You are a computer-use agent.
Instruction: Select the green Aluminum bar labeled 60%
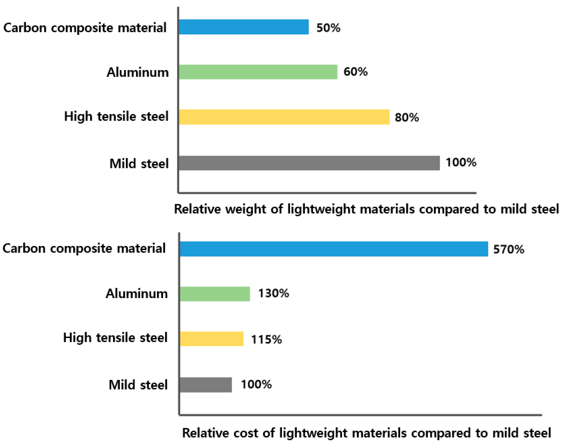click(x=258, y=72)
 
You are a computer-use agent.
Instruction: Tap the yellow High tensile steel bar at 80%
click(x=284, y=117)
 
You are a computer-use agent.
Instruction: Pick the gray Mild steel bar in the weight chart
click(x=309, y=163)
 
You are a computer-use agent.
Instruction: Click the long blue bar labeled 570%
click(x=334, y=249)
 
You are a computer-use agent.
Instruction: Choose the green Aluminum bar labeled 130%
click(x=215, y=294)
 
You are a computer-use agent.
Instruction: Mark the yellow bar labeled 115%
click(x=212, y=339)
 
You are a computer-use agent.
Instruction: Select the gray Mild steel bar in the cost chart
click(x=206, y=385)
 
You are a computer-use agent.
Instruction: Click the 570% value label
click(x=508, y=249)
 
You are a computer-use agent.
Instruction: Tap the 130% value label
click(x=273, y=293)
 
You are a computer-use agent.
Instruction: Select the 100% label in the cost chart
click(x=256, y=384)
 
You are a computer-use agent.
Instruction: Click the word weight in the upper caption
click(x=245, y=209)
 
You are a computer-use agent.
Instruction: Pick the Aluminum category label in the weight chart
click(x=138, y=72)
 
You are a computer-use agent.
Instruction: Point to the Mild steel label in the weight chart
click(x=139, y=164)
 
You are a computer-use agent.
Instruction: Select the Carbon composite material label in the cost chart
click(x=84, y=248)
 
